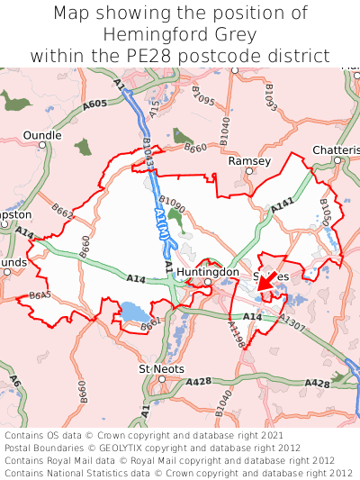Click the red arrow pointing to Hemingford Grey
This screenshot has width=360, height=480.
[x=266, y=286]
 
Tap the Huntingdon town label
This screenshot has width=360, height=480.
[x=208, y=271]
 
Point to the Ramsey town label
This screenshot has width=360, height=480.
[x=249, y=160]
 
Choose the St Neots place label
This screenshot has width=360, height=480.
[x=161, y=369]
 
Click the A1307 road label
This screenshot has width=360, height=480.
[x=291, y=320]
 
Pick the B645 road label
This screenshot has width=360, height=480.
[x=40, y=295]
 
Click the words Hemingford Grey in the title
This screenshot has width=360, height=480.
[x=180, y=34]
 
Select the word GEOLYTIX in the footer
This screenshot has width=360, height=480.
[x=116, y=448]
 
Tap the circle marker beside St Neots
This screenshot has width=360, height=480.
[x=161, y=379]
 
